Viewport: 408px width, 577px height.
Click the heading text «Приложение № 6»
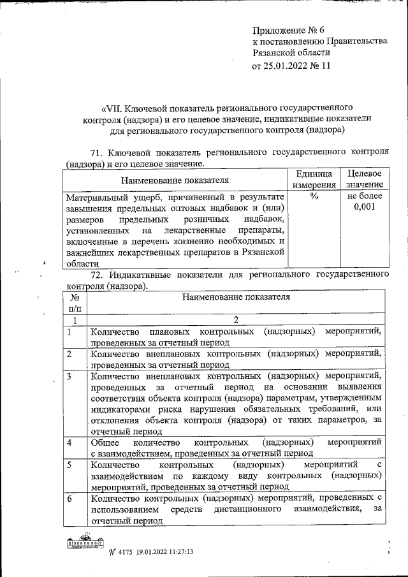289,30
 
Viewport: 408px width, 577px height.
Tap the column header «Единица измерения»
314,179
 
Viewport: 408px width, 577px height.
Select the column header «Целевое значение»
365,179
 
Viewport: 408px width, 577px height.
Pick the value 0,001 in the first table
365,208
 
